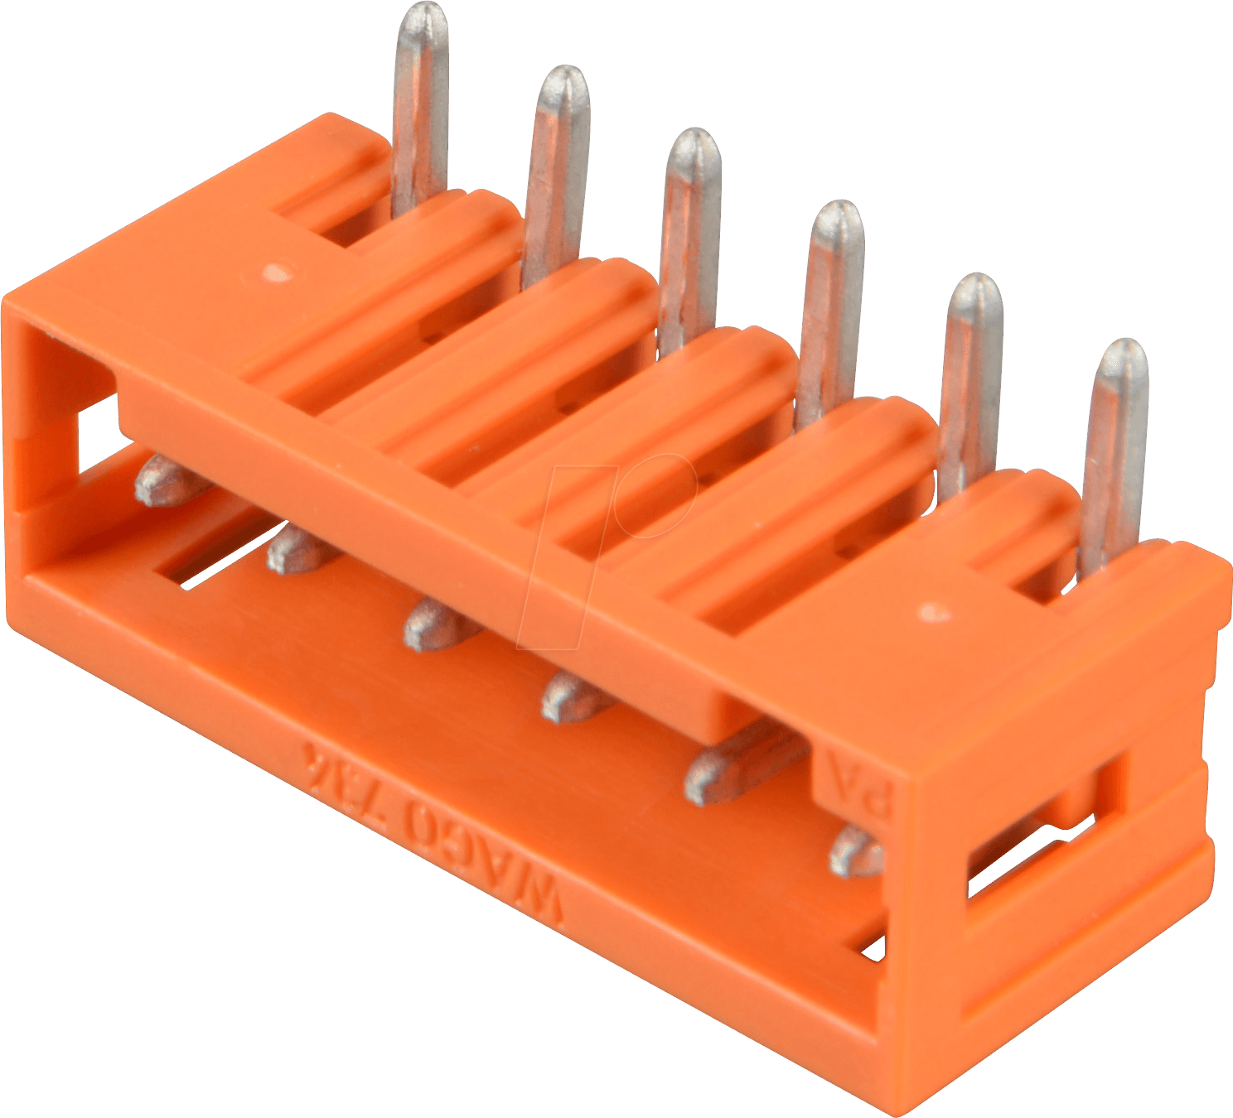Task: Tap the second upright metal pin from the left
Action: pos(557,166)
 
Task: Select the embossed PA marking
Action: pos(853,787)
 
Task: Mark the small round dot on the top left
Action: pos(276,272)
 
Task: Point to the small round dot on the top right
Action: pos(935,612)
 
